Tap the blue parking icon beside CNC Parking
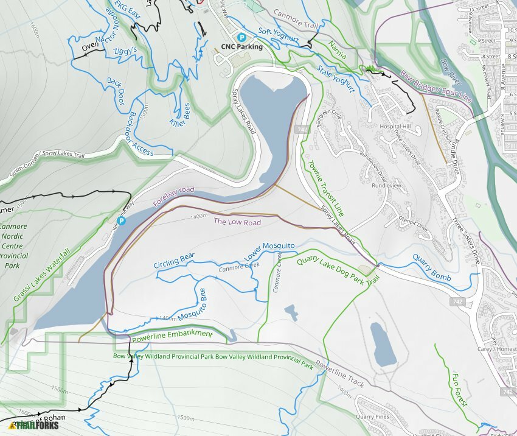point(241,37)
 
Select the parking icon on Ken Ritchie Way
point(121,221)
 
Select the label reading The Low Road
point(237,222)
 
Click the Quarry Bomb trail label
point(432,268)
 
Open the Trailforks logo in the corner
point(34,425)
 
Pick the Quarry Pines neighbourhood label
point(373,417)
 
